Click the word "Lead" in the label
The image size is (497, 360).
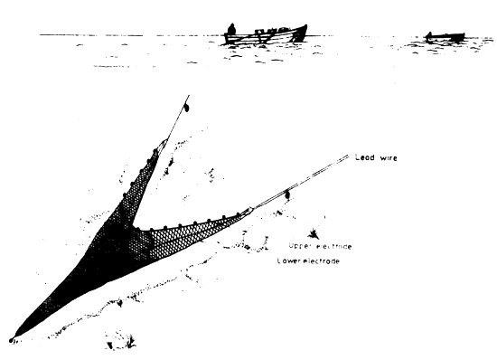coord(363,158)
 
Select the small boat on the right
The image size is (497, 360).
coord(445,37)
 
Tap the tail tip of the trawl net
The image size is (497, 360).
coord(12,340)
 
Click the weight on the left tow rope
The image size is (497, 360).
coord(186,108)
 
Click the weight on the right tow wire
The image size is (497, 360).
coord(287,194)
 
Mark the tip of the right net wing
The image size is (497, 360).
coord(250,211)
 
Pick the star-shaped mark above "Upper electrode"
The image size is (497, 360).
coord(314,233)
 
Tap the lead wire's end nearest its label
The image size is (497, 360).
coord(348,157)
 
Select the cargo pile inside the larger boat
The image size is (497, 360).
coord(263,34)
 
